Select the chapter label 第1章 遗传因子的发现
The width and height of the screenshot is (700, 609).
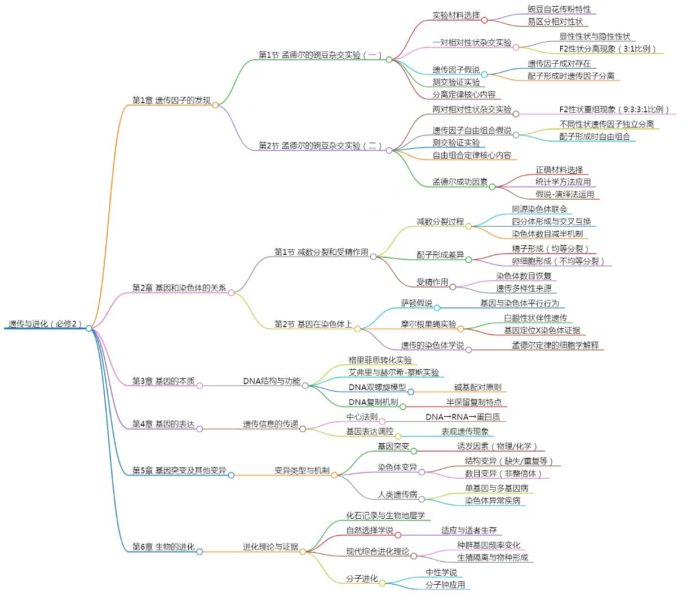(171, 100)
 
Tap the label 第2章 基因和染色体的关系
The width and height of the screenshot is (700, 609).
(179, 288)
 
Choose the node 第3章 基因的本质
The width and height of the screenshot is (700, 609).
(163, 381)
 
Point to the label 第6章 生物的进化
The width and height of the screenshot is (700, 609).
(163, 547)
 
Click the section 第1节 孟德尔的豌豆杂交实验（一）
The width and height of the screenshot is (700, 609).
(320, 55)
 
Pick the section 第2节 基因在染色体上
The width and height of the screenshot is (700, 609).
(313, 324)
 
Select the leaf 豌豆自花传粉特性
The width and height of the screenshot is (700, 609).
(559, 10)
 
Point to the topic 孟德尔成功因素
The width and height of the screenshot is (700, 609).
(460, 182)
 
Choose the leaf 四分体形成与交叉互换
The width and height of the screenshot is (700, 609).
(551, 222)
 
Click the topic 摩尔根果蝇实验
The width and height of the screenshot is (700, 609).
(428, 324)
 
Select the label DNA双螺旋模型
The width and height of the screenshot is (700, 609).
(377, 387)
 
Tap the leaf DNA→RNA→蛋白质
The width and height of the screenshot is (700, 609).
(463, 417)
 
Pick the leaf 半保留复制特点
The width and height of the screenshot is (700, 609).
(473, 402)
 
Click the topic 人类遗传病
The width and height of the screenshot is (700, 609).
(397, 495)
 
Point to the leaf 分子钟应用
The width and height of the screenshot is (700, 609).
(445, 585)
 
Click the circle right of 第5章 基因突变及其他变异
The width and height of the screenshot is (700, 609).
(231, 475)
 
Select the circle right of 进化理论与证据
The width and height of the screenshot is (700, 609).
(303, 552)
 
